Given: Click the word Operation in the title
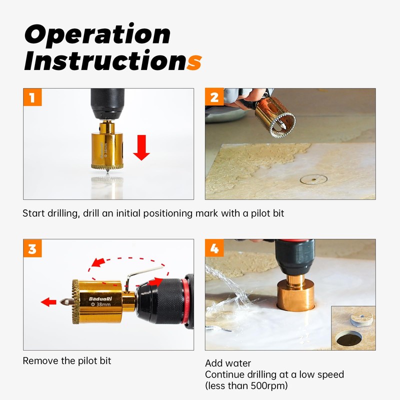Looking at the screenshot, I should tap(97, 34).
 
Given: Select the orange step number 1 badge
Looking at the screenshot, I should tap(32, 97).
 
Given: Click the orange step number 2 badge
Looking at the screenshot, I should tap(214, 97).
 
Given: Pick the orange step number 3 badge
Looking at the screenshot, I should tap(32, 248).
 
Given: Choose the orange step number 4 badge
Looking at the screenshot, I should tap(214, 248).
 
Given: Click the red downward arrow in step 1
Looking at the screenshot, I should tap(141, 148).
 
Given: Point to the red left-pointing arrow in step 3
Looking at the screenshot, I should tap(48, 302).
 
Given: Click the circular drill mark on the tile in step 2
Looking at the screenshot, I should tap(310, 179).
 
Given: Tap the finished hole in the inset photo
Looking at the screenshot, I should tap(348, 340).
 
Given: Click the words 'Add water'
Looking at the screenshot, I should tap(228, 363).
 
